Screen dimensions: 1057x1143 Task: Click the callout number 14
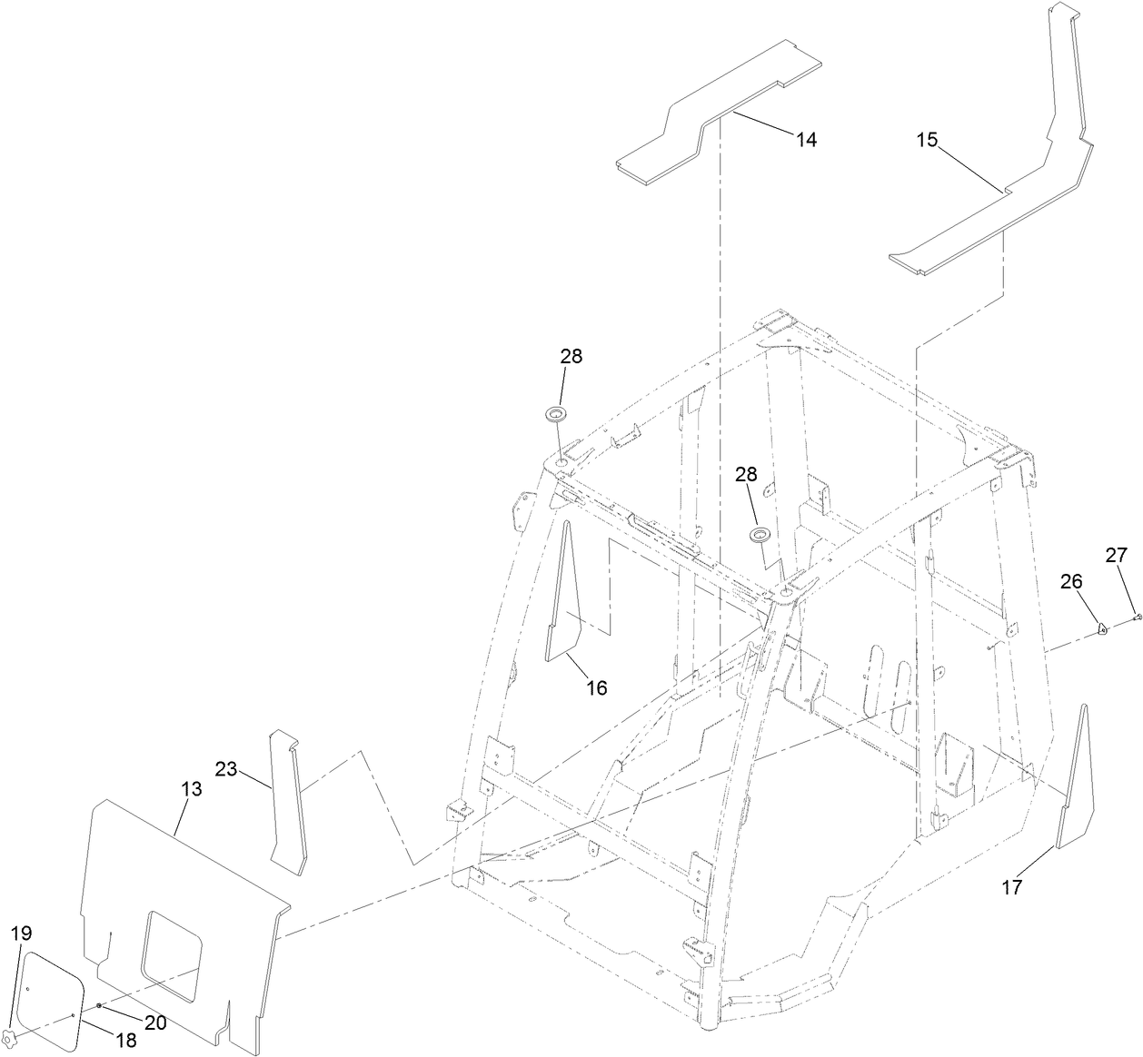tap(806, 139)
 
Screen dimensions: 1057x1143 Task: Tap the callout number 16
tap(595, 687)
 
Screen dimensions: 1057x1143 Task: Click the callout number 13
tap(191, 789)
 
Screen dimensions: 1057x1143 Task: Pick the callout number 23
tap(226, 769)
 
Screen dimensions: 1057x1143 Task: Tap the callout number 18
tap(124, 1041)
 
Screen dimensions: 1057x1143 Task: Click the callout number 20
tap(155, 1022)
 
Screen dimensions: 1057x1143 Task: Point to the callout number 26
tap(1072, 580)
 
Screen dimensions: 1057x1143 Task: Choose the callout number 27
tap(1116, 555)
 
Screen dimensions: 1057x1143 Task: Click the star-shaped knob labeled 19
tap(9, 1037)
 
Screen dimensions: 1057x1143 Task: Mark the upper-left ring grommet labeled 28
tap(554, 415)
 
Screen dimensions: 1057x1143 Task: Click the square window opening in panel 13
tap(171, 955)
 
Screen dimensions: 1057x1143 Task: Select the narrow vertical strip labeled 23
tap(288, 799)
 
